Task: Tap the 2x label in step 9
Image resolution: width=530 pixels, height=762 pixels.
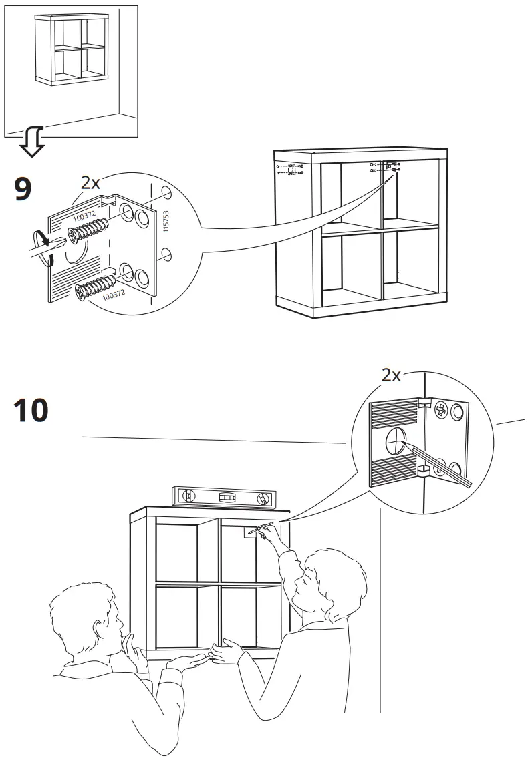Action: [x=90, y=182]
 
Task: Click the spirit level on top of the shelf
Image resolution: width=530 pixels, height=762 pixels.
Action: [x=224, y=497]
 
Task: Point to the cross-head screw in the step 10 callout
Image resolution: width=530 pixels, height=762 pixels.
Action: [x=440, y=411]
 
